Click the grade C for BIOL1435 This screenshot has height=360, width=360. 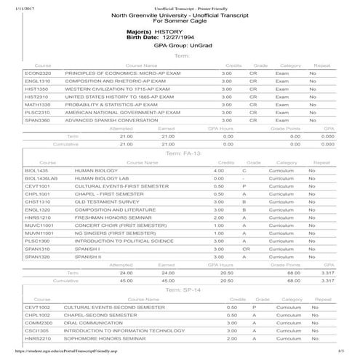[244, 170]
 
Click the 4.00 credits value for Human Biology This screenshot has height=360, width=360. [218, 170]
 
